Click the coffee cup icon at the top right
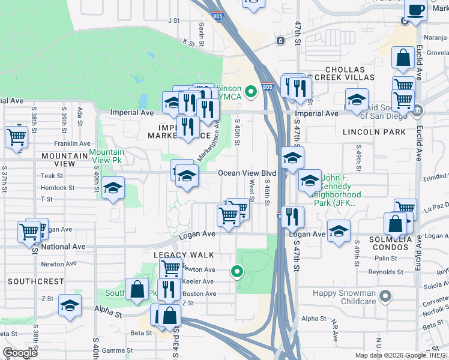click(415, 10)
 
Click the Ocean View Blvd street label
click(247, 173)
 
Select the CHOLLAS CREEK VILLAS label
click(349, 74)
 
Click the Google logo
click(20, 353)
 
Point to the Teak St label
click(52, 176)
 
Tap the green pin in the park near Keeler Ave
click(237, 272)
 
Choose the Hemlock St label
click(57, 188)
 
